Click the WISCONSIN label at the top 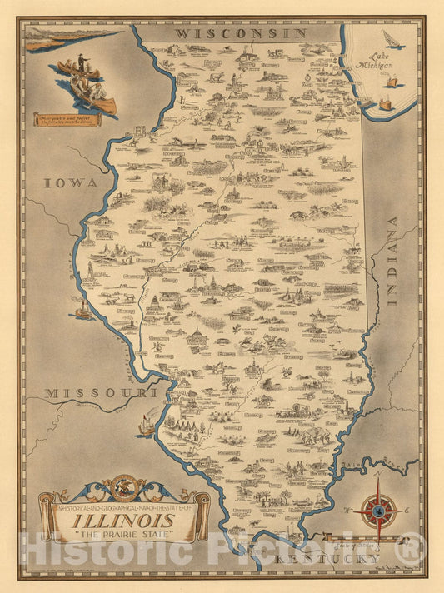[x=241, y=32]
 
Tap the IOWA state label [x=72, y=182]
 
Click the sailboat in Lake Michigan [x=390, y=41]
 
